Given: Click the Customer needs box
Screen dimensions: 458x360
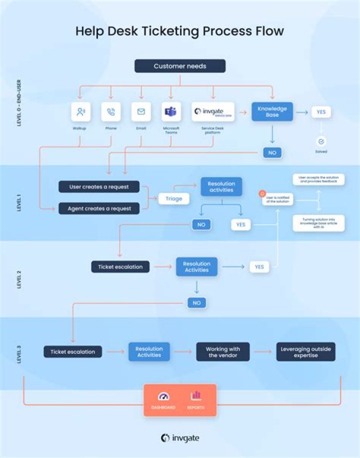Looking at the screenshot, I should pyautogui.click(x=179, y=66).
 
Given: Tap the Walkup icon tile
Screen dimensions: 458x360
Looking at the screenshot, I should pyautogui.click(x=80, y=112).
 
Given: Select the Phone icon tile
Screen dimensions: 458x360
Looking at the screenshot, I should pyautogui.click(x=110, y=112).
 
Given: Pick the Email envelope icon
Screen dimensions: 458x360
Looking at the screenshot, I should pyautogui.click(x=141, y=112).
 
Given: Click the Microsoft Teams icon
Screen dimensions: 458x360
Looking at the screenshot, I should pyautogui.click(x=171, y=112).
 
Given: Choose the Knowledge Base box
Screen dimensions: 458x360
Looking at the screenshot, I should pyautogui.click(x=272, y=111).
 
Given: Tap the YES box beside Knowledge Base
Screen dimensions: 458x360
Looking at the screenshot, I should pyautogui.click(x=320, y=112).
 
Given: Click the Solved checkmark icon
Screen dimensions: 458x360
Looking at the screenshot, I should pyautogui.click(x=321, y=141).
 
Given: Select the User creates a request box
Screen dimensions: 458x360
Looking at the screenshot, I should pyautogui.click(x=99, y=187).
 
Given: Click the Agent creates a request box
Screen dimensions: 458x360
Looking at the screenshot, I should pyautogui.click(x=99, y=208).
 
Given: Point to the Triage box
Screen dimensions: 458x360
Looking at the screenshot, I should pyautogui.click(x=174, y=198).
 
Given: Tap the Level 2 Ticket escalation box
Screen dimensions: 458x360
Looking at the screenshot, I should pyautogui.click(x=120, y=267).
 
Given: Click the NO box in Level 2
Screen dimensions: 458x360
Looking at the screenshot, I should pyautogui.click(x=196, y=302).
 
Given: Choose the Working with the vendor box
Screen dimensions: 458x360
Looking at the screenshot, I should pyautogui.click(x=223, y=352).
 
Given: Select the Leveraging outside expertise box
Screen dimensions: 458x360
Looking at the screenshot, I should pyautogui.click(x=305, y=352).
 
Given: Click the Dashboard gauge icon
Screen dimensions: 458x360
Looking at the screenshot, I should pyautogui.click(x=163, y=396).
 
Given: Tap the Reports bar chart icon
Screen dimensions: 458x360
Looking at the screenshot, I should pyautogui.click(x=195, y=396).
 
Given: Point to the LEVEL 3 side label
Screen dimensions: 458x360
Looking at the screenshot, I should pyautogui.click(x=19, y=352).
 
